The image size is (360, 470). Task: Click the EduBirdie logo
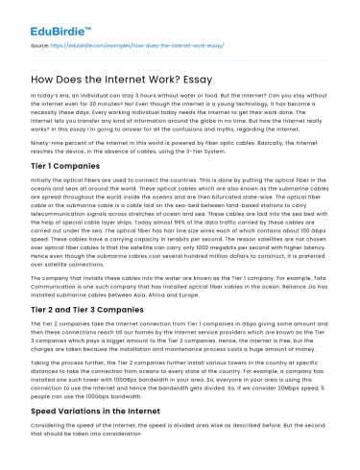pos(43,20)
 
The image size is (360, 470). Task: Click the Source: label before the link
pos(41,44)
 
